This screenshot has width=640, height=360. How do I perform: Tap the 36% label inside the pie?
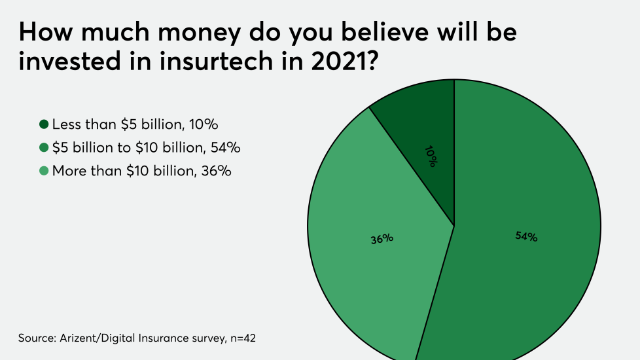tap(381, 239)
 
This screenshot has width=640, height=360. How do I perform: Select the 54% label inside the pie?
tap(525, 237)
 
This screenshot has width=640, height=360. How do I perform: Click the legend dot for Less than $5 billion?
tap(44, 124)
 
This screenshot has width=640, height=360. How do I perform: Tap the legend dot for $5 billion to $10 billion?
tap(44, 147)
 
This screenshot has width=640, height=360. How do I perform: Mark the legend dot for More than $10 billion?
tap(44, 171)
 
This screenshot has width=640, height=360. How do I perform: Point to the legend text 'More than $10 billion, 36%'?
tap(141, 171)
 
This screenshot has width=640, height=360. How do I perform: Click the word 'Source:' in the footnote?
tap(35, 338)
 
